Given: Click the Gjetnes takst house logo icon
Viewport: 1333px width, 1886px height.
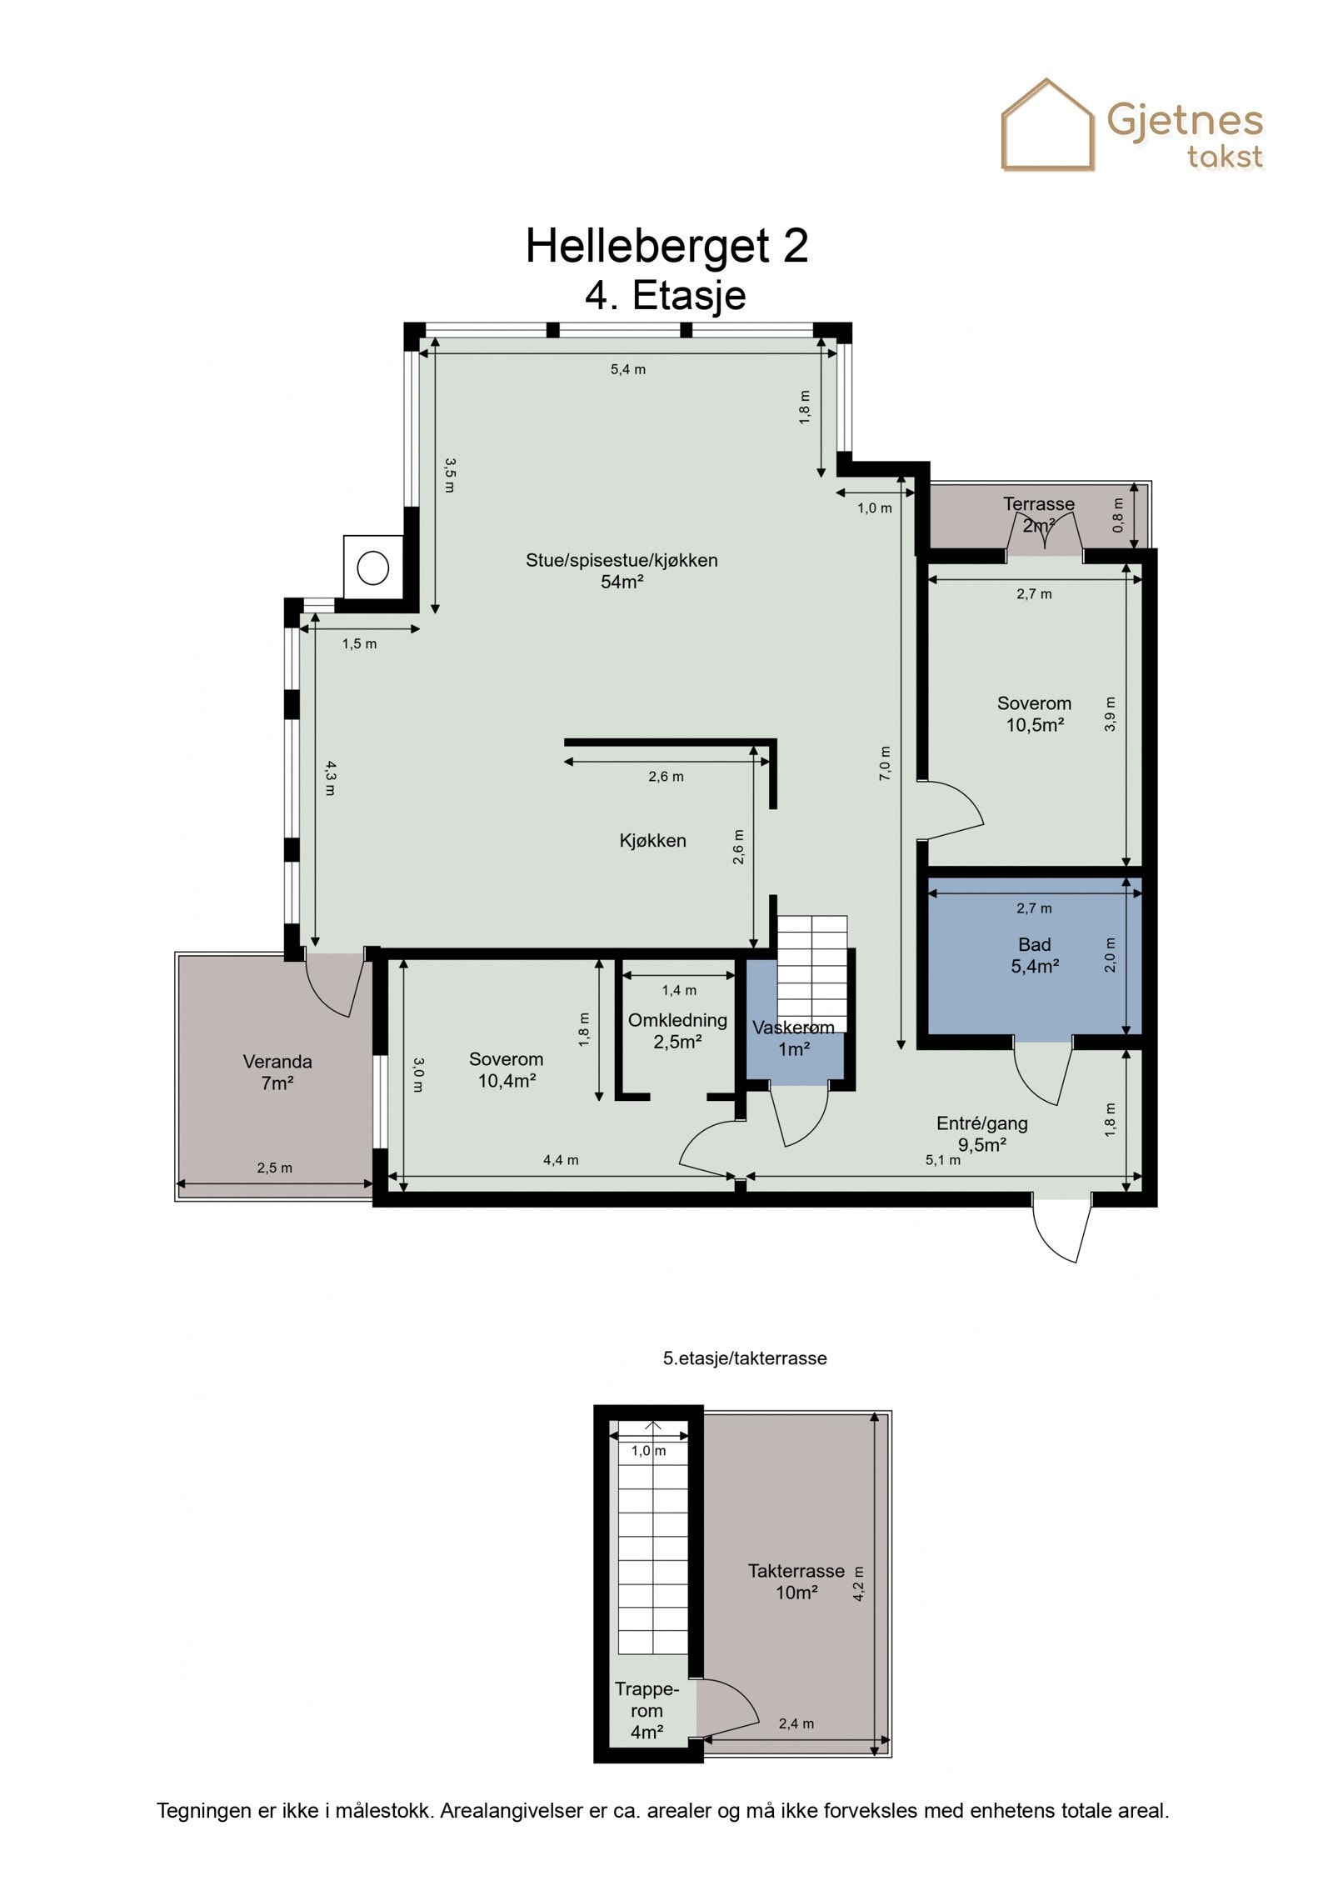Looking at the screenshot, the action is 1047,125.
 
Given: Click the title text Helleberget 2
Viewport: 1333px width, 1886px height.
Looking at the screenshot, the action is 666,246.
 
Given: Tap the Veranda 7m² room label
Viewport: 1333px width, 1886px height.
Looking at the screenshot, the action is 277,1073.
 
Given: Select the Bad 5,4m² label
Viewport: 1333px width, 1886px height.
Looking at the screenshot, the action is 1035,955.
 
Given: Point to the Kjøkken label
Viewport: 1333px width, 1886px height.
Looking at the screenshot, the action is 653,840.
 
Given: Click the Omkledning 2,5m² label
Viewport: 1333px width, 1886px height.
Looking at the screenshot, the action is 677,1030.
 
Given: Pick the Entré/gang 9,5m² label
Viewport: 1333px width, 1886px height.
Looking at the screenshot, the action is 982,1133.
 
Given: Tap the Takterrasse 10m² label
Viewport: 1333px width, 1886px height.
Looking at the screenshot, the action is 796,1581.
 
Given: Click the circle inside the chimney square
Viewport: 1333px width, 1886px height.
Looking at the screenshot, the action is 373,568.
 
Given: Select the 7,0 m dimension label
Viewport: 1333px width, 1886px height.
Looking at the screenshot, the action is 885,763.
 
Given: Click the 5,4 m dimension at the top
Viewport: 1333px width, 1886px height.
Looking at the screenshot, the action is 628,369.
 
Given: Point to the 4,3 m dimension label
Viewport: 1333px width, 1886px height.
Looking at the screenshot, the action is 331,778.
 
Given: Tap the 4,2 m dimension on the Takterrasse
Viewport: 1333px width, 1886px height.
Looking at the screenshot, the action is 859,1583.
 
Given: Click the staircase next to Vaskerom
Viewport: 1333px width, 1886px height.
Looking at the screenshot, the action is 812,973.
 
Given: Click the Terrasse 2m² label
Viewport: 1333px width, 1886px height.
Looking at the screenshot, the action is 1039,514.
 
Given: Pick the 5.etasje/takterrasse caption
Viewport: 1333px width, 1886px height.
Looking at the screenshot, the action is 745,1358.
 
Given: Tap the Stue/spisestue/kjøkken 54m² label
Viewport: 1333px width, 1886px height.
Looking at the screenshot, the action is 622,571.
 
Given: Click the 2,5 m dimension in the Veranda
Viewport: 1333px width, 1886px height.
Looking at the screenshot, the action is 275,1168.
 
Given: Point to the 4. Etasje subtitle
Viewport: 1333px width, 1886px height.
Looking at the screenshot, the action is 665,295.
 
